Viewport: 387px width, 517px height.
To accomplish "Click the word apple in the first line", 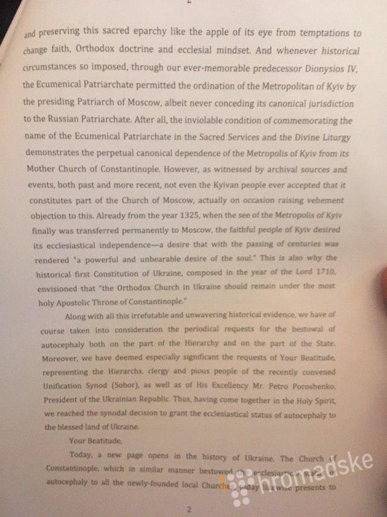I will point(215,34).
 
